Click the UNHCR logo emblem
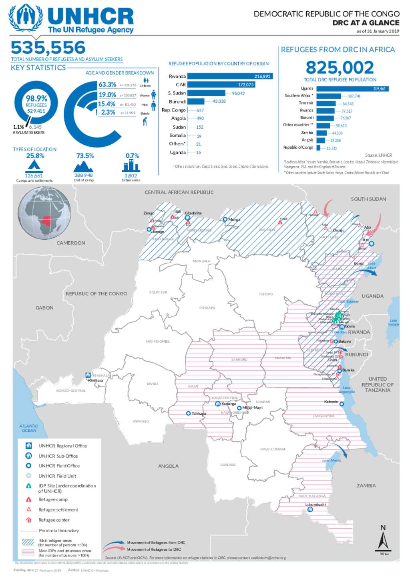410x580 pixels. click(x=26, y=19)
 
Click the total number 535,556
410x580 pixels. click(x=48, y=48)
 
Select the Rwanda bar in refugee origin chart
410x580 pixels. click(x=229, y=76)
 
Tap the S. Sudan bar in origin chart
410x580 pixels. click(x=206, y=93)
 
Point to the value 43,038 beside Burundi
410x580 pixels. click(x=219, y=101)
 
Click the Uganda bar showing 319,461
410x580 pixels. click(x=352, y=89)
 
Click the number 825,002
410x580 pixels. click(x=340, y=67)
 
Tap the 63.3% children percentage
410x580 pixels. click(x=107, y=85)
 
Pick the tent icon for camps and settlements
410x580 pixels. click(x=34, y=165)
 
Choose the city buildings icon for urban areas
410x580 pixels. click(x=131, y=166)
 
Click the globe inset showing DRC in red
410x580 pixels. click(x=44, y=213)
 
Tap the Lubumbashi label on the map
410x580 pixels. click(x=316, y=505)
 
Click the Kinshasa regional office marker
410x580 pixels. click(x=88, y=375)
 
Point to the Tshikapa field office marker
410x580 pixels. click(x=188, y=413)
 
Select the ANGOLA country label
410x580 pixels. click(x=168, y=466)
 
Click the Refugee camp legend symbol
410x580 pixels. click(x=28, y=500)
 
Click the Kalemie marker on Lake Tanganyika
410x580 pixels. click(x=342, y=404)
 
